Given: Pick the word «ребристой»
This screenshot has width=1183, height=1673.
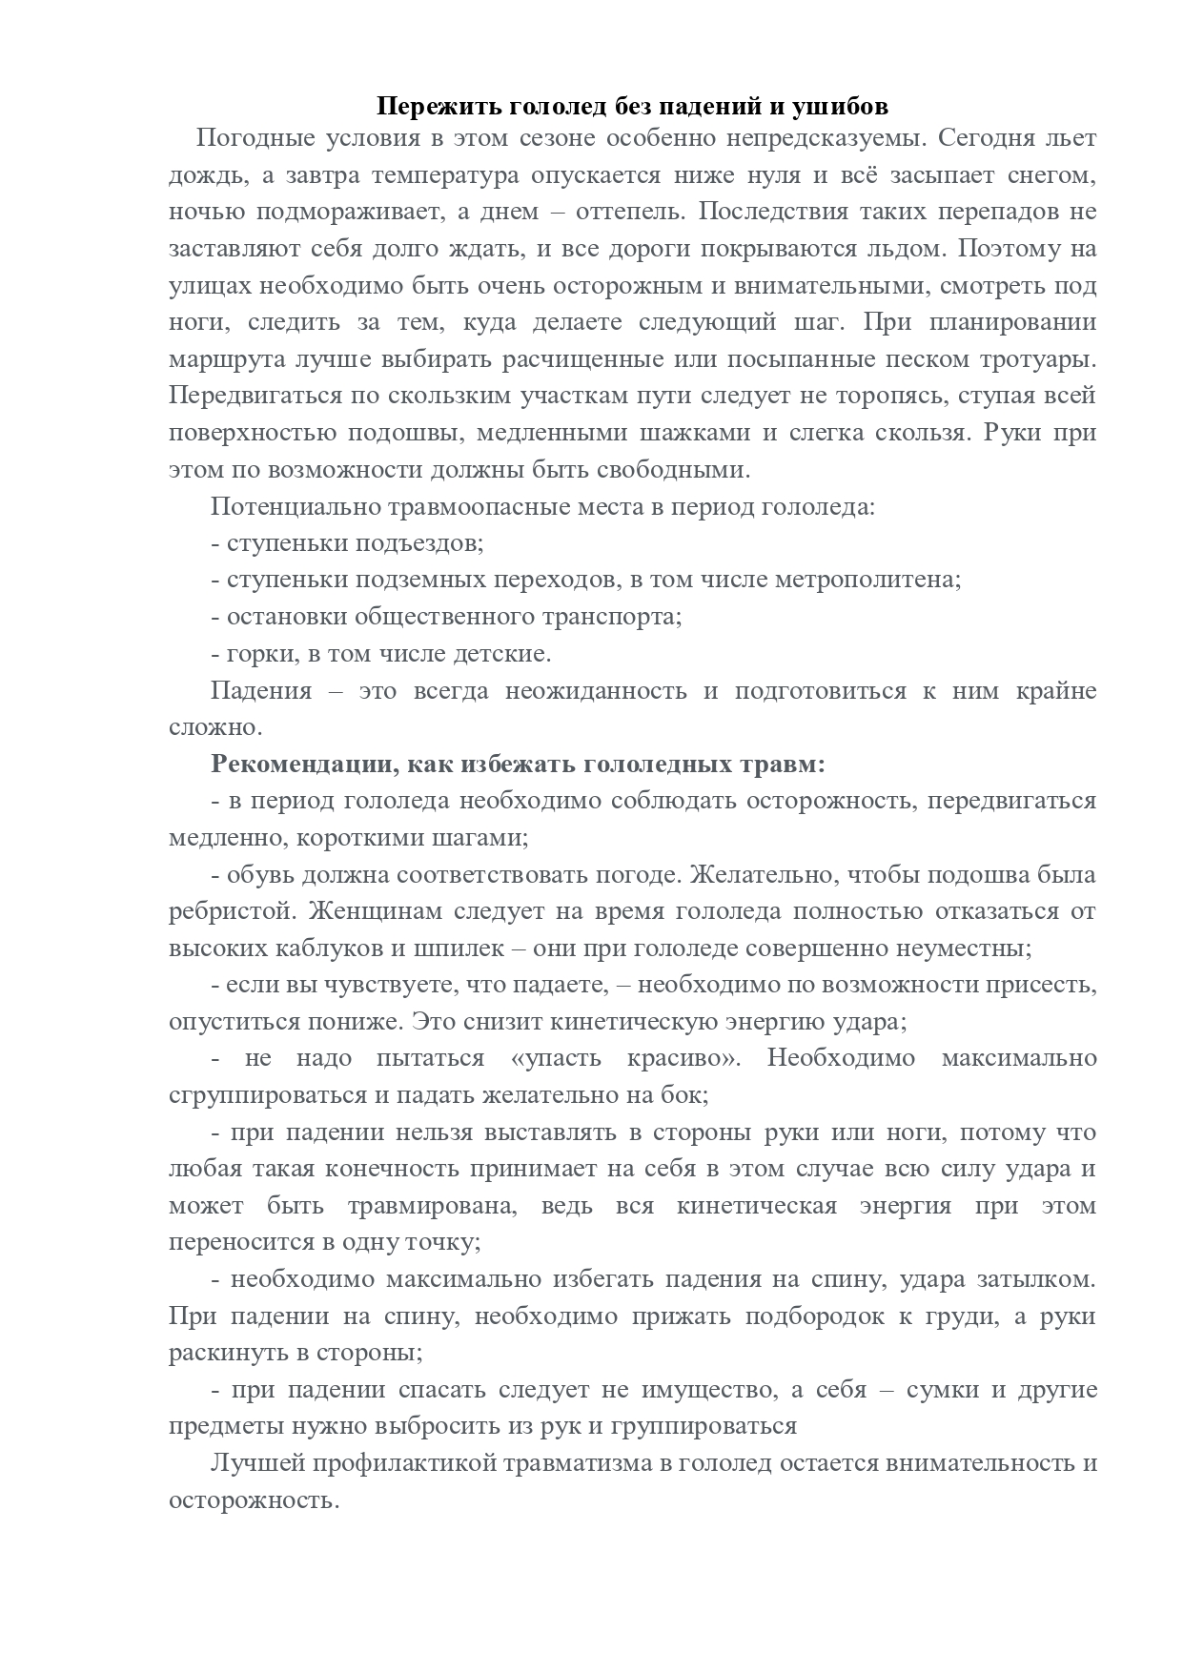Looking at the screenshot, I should point(228,911).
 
